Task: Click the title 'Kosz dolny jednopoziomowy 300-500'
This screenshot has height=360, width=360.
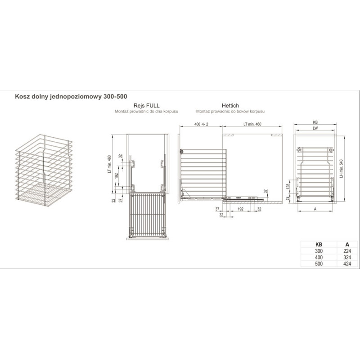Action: point(71,96)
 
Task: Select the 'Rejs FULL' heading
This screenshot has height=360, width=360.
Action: point(147,106)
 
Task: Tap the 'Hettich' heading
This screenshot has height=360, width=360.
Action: point(230,106)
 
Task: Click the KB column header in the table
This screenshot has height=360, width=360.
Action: point(319,245)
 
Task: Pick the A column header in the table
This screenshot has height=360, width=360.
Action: point(347,245)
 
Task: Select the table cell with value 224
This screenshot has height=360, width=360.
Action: point(347,251)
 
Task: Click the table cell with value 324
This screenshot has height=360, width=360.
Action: point(347,257)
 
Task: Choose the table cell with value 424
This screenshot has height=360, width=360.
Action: point(347,264)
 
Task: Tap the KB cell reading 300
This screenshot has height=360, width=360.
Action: point(319,251)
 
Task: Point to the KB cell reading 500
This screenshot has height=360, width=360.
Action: point(319,264)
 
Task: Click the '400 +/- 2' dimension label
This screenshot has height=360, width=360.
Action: point(201,124)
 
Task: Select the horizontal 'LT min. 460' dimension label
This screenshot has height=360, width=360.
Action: point(252,124)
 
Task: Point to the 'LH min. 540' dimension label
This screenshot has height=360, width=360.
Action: point(342,168)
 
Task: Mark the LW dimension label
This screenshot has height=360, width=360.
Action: point(315,128)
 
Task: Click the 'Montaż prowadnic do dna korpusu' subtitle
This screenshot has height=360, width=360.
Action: point(147,111)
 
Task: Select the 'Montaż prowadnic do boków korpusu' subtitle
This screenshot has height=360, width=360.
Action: point(230,111)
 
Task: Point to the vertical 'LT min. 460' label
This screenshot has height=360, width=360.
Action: point(109,164)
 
